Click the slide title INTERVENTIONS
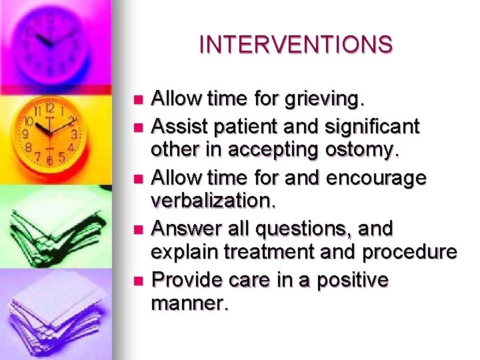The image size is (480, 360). (296, 45)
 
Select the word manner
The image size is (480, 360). (190, 305)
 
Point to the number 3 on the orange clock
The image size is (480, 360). (75, 134)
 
